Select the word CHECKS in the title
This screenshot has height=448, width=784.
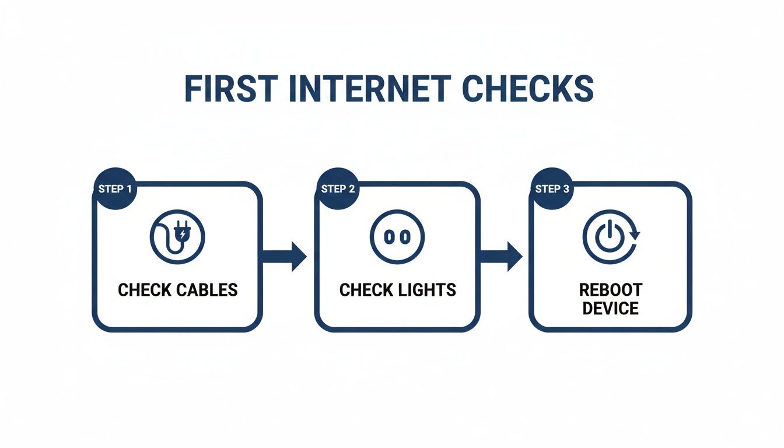coord(527,89)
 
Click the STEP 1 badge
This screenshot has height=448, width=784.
coord(114,189)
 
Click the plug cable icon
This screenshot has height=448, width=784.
coord(177,237)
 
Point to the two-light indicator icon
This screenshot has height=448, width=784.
coord(397,237)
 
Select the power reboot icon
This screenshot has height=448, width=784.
coord(610,237)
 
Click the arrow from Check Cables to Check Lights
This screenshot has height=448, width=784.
coord(285,255)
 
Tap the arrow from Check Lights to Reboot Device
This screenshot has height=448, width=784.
coord(501,255)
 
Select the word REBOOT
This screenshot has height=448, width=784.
coord(610,290)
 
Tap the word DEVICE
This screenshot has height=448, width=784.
coord(610,308)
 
